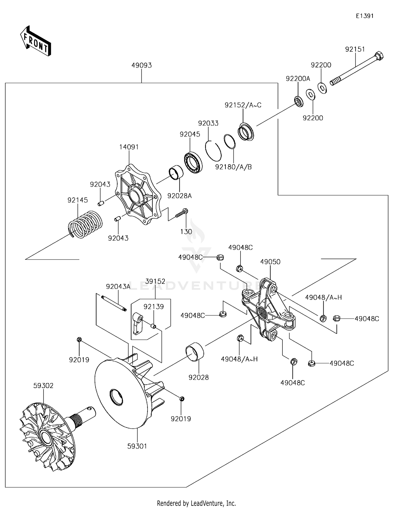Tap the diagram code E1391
(x=364, y=16)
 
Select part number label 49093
(x=141, y=65)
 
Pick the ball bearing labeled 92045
(x=193, y=163)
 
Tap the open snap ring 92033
(x=213, y=151)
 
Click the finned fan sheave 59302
(x=47, y=437)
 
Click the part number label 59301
(x=137, y=446)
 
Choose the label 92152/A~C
(x=243, y=105)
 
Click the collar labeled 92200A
(x=299, y=101)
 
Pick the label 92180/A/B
(x=233, y=167)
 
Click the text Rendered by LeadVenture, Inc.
(x=196, y=503)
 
